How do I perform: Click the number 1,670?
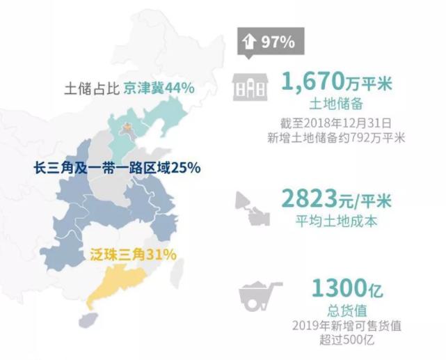313,82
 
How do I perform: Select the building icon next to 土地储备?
249,88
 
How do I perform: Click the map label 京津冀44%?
159,88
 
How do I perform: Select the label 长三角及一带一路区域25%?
117,167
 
